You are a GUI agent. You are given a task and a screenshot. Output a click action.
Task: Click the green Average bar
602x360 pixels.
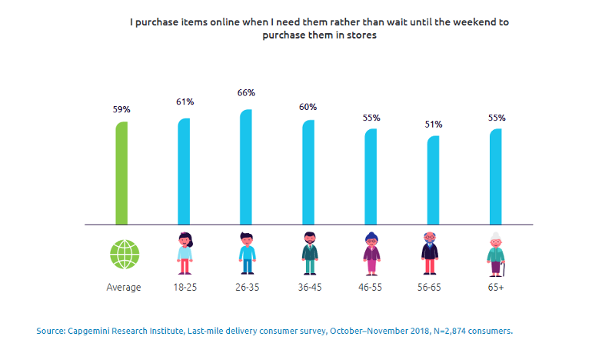121,173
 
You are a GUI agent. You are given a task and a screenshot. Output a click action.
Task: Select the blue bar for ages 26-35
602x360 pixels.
246,167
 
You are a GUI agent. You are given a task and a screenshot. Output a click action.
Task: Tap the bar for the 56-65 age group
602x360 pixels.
433,180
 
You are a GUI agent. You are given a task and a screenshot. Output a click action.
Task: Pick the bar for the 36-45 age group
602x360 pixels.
308,172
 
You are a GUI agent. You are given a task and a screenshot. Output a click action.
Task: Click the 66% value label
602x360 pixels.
246,93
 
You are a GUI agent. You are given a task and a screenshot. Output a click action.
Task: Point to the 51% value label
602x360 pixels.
434,125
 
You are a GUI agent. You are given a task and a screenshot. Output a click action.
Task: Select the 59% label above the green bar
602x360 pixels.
121,109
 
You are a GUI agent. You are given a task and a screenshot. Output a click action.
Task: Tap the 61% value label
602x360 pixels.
185,102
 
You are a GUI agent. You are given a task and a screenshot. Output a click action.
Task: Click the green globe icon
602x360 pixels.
125,255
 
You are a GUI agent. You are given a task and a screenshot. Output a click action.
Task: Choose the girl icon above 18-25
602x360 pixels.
185,254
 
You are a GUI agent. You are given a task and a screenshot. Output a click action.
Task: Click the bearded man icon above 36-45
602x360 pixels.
310,254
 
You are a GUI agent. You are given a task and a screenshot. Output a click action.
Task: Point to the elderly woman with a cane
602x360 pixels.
496,255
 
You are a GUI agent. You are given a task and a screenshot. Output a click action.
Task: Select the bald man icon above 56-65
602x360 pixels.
430,254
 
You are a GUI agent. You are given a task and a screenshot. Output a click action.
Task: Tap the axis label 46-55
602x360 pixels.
370,288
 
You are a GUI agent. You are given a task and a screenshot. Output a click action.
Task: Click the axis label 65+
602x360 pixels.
496,288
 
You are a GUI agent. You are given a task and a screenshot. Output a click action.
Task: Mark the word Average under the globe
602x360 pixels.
124,288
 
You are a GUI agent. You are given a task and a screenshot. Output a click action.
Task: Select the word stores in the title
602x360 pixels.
361,35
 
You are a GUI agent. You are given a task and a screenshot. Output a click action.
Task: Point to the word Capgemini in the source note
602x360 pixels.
86,332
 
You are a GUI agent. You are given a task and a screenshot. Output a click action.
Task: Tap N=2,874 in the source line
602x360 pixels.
449,332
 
